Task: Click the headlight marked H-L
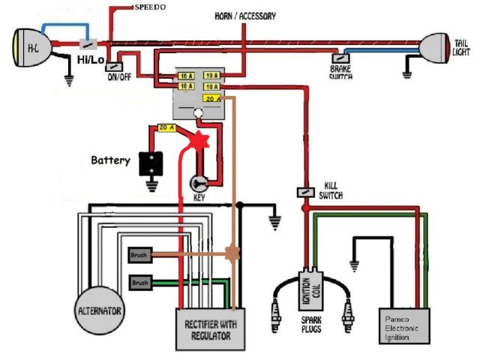point(31,48)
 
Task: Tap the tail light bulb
point(435,48)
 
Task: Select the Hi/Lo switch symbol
point(88,44)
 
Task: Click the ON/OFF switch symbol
point(114,67)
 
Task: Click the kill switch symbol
point(306,192)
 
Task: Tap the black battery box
point(151,163)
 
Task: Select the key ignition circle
point(199,184)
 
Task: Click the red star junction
point(199,140)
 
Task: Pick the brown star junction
point(232,253)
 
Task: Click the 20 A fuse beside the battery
point(166,127)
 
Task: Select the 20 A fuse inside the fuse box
point(212,98)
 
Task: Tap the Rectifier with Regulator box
point(211,329)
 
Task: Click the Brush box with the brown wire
point(140,255)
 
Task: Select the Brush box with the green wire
point(140,283)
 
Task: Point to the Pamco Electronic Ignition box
point(404,326)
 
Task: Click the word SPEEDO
point(150,7)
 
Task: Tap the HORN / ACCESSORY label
point(245,16)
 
